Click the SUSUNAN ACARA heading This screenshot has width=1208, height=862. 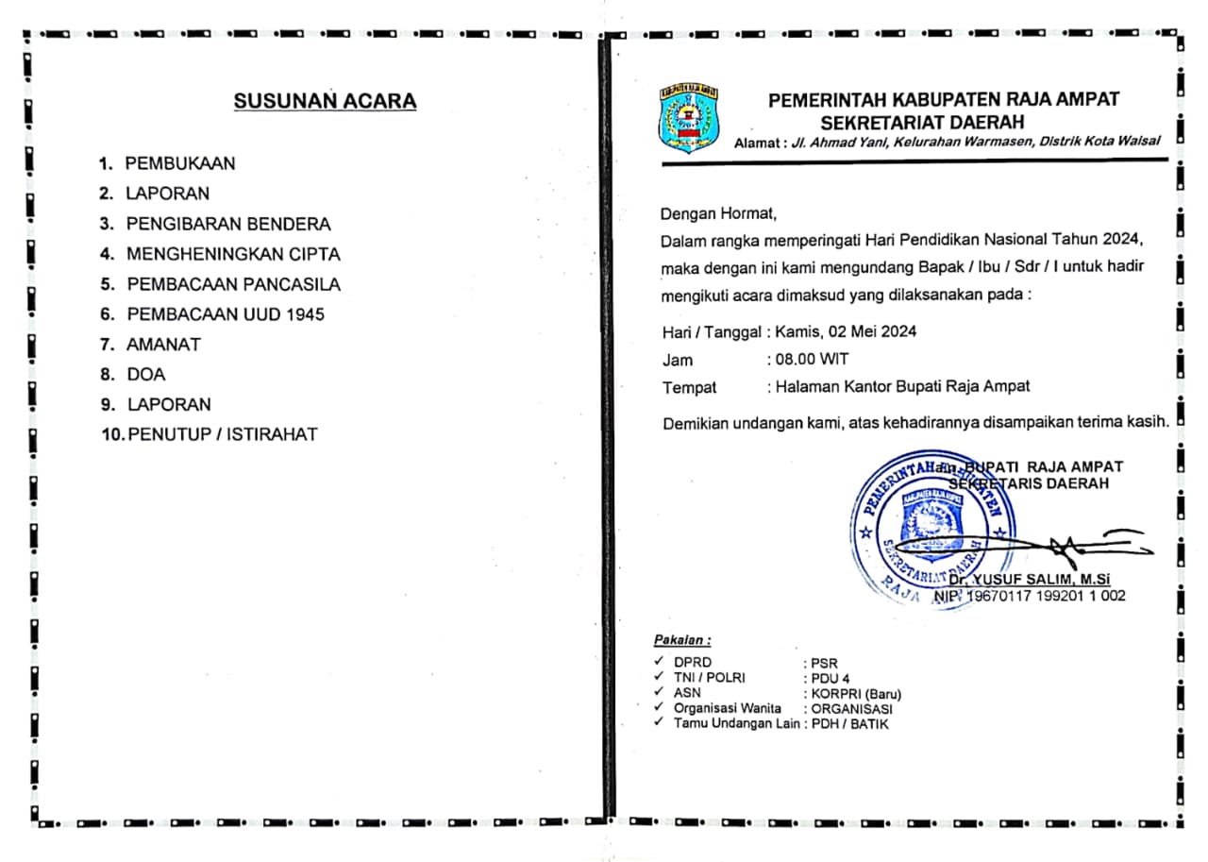coord(325,102)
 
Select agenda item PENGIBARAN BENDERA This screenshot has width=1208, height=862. coord(228,225)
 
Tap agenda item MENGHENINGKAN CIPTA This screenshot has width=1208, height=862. coord(233,255)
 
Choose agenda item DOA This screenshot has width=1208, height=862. coord(145,375)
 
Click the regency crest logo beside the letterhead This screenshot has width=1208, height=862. coord(688,118)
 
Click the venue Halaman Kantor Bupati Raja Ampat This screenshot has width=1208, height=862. coord(903,386)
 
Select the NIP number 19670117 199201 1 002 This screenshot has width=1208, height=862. coord(1047,597)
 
